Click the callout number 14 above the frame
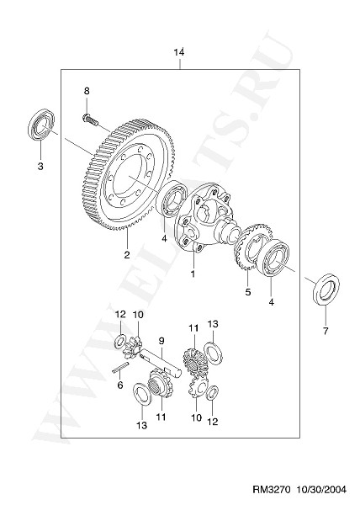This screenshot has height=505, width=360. (179, 52)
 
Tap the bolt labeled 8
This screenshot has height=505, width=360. (90, 119)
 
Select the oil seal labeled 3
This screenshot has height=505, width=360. (41, 125)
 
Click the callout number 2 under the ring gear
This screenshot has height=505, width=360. (127, 255)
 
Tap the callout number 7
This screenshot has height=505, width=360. (326, 331)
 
